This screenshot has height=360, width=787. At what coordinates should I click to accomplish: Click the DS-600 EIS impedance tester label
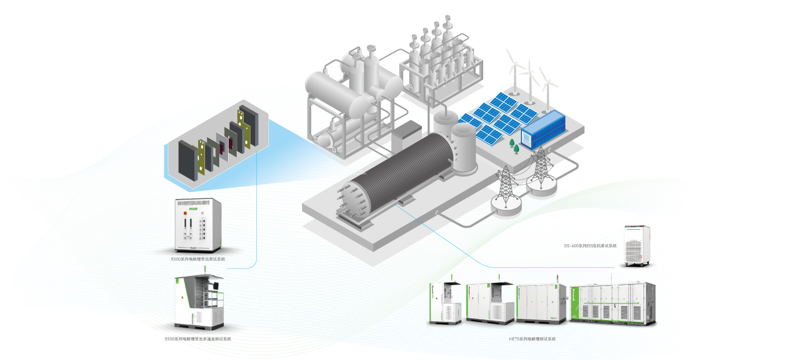tap(590, 246)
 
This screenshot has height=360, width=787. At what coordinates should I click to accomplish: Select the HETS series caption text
tap(528, 339)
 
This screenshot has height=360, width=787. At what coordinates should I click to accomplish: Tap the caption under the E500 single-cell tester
tap(198, 259)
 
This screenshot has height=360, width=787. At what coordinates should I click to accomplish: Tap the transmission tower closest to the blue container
tap(540, 168)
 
